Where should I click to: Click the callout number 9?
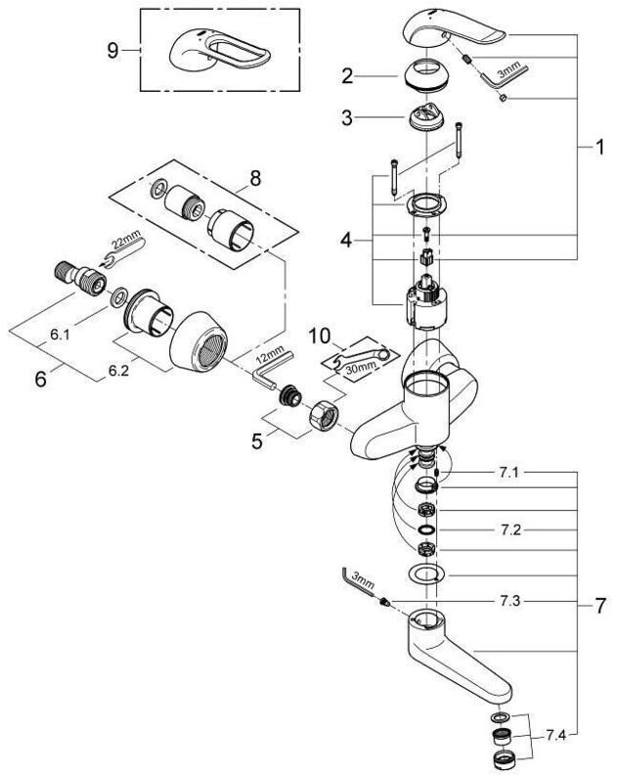(113, 51)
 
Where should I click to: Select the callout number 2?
(347, 76)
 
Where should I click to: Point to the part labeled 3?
(426, 117)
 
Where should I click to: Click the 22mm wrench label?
(125, 243)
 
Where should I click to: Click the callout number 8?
(255, 179)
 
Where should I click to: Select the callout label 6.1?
(60, 335)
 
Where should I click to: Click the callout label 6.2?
(118, 371)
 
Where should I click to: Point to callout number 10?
(319, 336)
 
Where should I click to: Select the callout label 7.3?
(509, 602)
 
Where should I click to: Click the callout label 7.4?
(555, 736)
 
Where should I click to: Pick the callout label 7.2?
(510, 530)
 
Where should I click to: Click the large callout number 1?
(599, 147)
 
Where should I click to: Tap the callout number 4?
(346, 241)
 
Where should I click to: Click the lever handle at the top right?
(454, 30)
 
